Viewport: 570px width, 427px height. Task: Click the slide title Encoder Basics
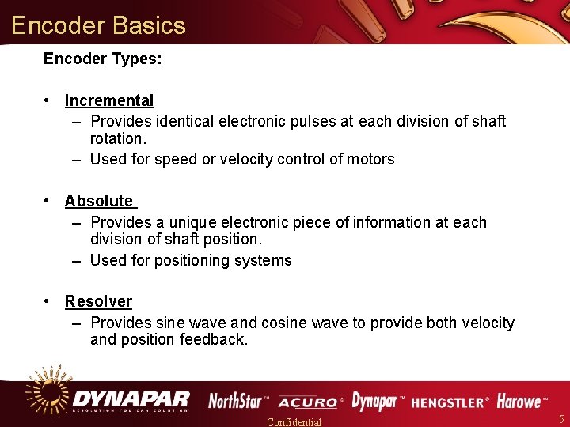click(x=98, y=25)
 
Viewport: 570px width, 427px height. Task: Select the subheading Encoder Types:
click(x=103, y=59)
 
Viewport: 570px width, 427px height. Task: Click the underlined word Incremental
click(x=109, y=100)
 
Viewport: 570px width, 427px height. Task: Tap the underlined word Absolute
click(x=99, y=201)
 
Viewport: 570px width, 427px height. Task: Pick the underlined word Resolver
click(x=98, y=301)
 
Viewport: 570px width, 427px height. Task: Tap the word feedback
click(x=214, y=340)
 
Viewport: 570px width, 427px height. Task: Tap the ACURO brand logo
click(x=310, y=402)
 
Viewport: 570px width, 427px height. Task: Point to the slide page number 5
click(x=561, y=419)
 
